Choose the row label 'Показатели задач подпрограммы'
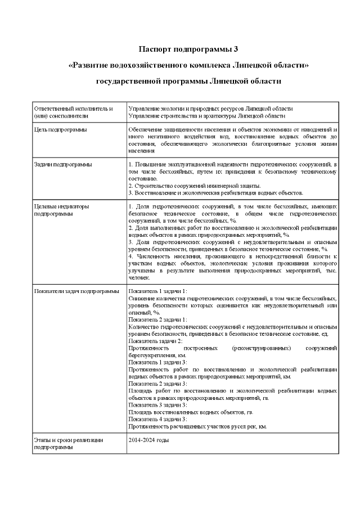[76, 291]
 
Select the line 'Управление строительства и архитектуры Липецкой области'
[206, 116]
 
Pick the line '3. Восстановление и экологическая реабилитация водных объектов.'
[215, 193]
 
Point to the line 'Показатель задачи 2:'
[155, 341]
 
